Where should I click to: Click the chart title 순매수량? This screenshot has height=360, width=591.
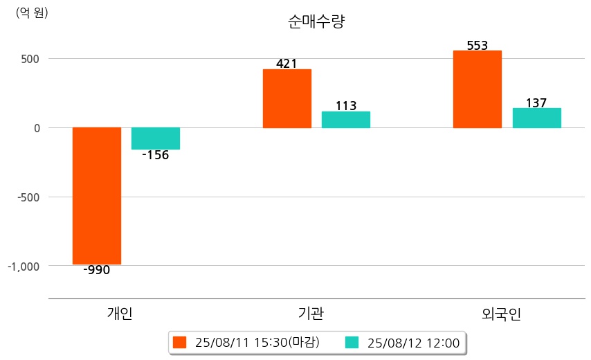click(316, 21)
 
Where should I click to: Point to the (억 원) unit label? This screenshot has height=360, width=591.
click(32, 12)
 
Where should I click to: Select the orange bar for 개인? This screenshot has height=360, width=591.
click(97, 196)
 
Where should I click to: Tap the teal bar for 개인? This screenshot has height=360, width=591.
click(156, 138)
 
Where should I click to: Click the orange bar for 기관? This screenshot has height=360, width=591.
click(287, 98)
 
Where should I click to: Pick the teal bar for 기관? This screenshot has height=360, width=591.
click(346, 120)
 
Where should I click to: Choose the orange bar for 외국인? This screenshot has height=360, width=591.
click(478, 89)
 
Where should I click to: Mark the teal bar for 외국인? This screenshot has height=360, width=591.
click(537, 118)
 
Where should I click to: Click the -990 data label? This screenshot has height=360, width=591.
click(97, 270)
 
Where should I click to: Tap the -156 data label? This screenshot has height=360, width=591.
click(156, 155)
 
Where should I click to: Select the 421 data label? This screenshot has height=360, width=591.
click(287, 64)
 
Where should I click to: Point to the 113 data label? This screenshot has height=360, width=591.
click(346, 106)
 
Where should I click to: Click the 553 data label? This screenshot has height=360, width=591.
click(478, 46)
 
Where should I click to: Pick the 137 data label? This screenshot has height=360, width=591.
click(536, 103)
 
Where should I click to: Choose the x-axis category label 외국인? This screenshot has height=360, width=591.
click(502, 314)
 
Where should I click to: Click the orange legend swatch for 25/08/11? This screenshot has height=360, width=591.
click(180, 343)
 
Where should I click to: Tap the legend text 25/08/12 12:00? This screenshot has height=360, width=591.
click(414, 343)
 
